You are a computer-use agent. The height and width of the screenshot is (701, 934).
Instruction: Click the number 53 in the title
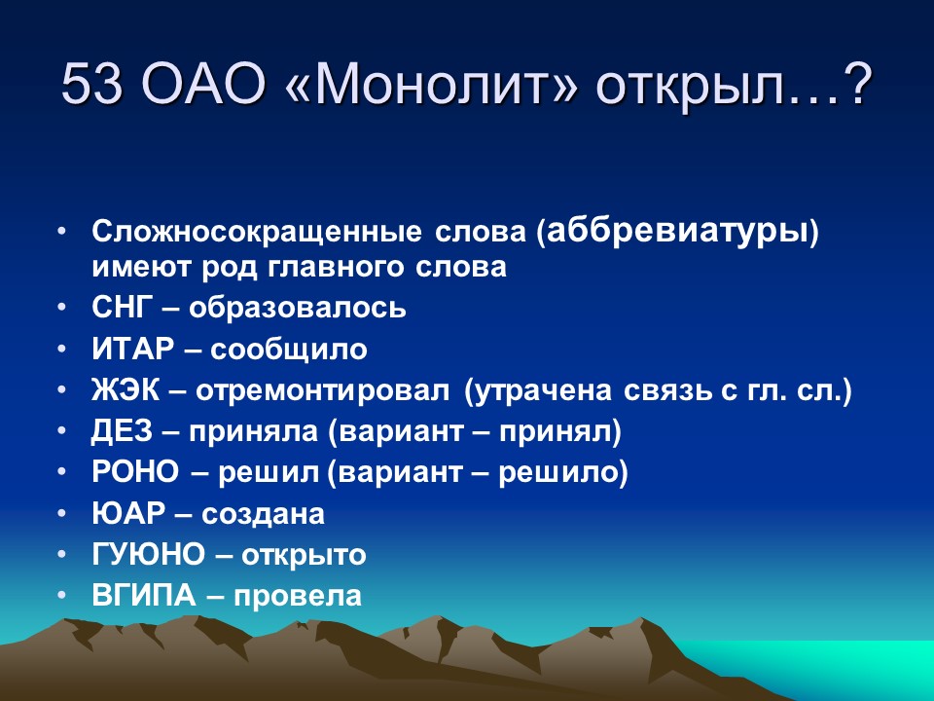point(91,84)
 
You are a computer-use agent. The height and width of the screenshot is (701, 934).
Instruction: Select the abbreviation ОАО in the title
point(203,84)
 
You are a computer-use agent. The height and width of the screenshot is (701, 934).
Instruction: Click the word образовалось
point(298,309)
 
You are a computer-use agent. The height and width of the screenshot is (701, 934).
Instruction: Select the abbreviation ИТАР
point(132,349)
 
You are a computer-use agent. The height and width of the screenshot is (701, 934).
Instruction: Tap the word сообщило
point(288,350)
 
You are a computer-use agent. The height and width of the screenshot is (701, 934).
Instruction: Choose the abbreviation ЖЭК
point(126,390)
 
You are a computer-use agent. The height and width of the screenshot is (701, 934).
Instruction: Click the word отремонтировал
point(322,391)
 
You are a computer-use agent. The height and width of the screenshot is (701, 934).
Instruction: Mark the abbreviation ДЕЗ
point(122,431)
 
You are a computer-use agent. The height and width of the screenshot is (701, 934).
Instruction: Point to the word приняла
point(253,431)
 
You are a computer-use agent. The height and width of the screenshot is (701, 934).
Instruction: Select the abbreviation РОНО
point(134,472)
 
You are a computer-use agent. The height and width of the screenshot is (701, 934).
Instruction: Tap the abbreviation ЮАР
point(128,513)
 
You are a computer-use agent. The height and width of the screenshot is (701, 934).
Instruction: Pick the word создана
point(263,514)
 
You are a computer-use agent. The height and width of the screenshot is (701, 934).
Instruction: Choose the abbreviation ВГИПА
point(144,596)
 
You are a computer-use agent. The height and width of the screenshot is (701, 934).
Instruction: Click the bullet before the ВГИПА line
point(62,596)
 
